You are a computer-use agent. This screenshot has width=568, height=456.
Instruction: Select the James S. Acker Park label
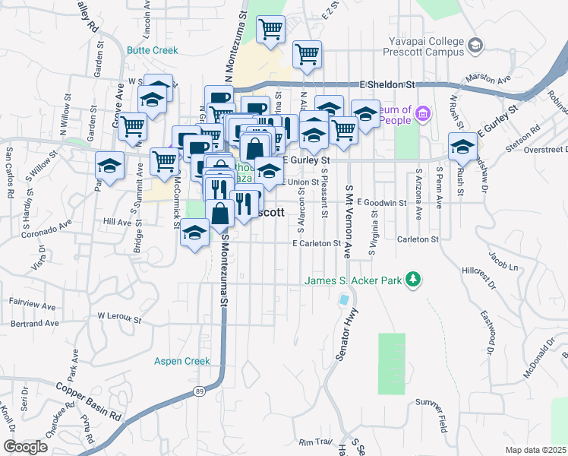click(x=353, y=280)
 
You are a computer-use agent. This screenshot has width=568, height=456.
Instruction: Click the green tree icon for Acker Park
click(x=413, y=280)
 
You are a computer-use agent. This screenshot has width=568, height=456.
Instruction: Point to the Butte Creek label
click(x=153, y=50)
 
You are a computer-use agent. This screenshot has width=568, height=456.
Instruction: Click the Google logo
click(x=25, y=447)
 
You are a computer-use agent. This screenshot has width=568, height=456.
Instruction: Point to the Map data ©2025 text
click(x=535, y=450)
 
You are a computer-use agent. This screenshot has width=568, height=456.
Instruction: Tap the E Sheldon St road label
click(x=389, y=84)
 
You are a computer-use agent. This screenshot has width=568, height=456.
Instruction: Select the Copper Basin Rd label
click(x=90, y=401)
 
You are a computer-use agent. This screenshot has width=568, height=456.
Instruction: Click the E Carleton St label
click(x=316, y=243)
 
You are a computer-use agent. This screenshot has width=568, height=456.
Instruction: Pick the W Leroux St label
click(x=120, y=315)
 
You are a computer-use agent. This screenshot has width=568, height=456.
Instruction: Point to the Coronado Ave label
click(x=46, y=229)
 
